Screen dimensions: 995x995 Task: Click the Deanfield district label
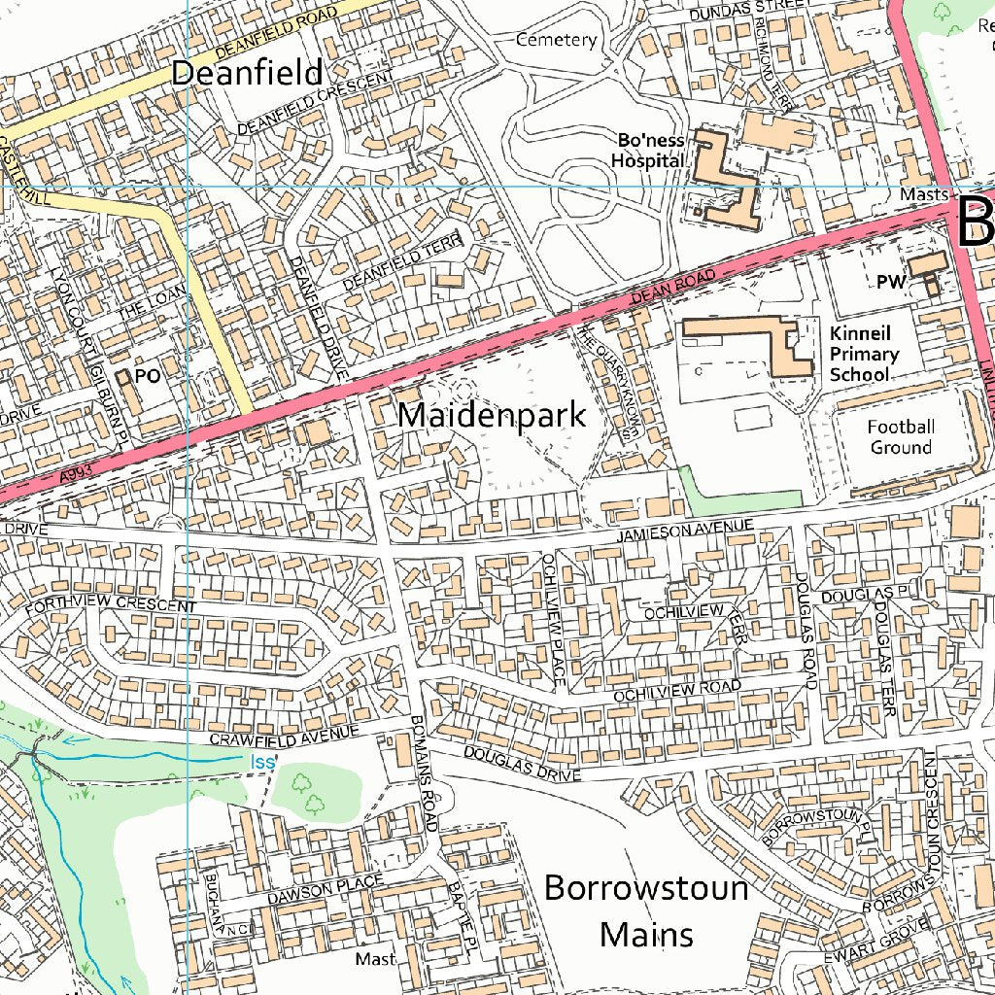[x=247, y=73]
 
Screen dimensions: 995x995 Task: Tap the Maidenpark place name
[x=492, y=415]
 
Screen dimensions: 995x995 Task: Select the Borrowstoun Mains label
[x=646, y=910]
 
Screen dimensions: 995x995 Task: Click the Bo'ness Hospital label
[x=647, y=151]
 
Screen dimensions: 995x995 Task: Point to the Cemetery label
[x=556, y=40]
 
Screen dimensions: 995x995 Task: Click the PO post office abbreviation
[x=148, y=375]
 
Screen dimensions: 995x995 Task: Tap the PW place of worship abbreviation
[x=890, y=282]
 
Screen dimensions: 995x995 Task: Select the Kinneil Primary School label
[x=864, y=354]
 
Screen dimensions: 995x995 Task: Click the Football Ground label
[x=901, y=437]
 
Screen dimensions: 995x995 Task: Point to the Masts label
[x=923, y=194]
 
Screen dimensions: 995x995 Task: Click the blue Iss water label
[x=262, y=763]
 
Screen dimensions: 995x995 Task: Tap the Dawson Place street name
[x=326, y=887]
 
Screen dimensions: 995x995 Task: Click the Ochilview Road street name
[x=677, y=692]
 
